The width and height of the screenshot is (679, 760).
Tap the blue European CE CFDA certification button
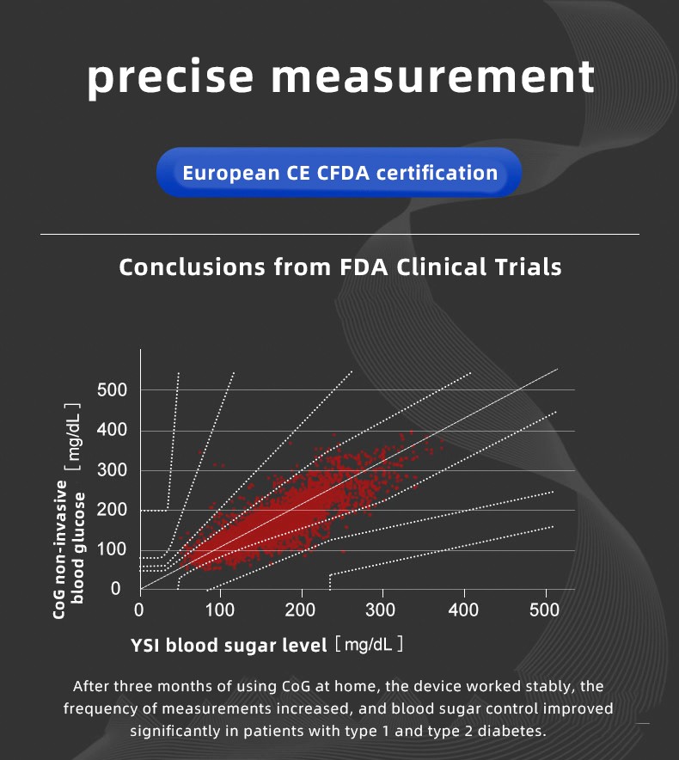(339, 173)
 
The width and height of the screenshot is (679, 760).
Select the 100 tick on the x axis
(220, 611)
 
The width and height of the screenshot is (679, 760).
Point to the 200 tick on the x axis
(301, 611)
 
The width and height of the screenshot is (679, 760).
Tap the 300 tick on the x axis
(382, 611)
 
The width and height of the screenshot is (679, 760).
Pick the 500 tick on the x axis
(543, 611)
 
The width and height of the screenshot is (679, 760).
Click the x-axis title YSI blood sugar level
(229, 645)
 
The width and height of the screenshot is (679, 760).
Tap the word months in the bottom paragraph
(178, 687)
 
